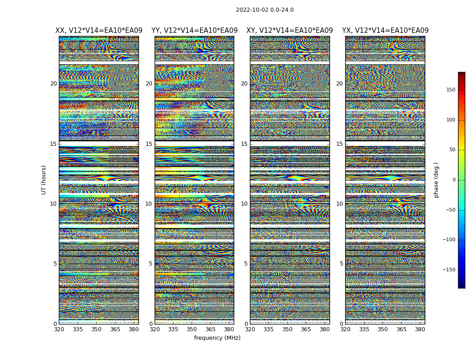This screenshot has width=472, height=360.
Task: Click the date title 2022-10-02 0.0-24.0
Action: click(x=265, y=10)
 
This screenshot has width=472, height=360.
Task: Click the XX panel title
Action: click(x=99, y=31)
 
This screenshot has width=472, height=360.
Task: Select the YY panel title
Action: click(x=194, y=31)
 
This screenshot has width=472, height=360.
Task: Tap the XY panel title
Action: click(x=289, y=31)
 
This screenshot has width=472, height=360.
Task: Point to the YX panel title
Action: click(x=385, y=31)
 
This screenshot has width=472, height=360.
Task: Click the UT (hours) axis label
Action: click(x=44, y=180)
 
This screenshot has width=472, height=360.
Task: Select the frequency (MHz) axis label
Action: click(x=217, y=338)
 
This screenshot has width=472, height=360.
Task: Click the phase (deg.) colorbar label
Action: click(x=436, y=180)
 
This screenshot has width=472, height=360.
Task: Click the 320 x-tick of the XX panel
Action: click(x=59, y=329)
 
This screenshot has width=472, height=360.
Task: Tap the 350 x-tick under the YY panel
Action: click(x=191, y=329)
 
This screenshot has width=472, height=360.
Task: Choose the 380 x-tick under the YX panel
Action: click(x=420, y=329)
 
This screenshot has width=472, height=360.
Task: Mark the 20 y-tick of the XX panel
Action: click(x=53, y=84)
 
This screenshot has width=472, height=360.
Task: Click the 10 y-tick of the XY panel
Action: click(x=244, y=204)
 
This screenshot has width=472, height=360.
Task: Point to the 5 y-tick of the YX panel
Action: click(x=341, y=264)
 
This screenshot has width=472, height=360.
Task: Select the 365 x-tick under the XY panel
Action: click(x=306, y=329)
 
